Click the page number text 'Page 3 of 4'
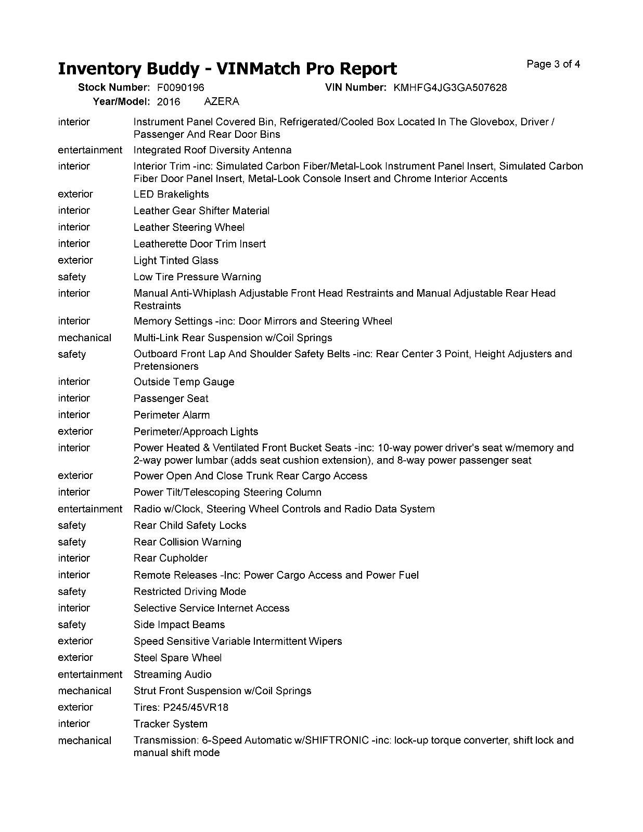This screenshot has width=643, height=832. [553, 64]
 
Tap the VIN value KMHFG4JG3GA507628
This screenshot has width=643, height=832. [450, 88]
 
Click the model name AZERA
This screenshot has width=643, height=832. [222, 102]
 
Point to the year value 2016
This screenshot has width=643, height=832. [169, 102]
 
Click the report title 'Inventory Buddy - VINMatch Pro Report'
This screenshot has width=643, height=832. [227, 69]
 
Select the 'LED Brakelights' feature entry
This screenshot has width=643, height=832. [171, 194]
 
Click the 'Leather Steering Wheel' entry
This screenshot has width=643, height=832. [189, 228]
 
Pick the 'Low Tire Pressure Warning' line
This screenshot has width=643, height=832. [197, 277]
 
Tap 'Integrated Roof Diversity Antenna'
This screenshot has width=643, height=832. [212, 150]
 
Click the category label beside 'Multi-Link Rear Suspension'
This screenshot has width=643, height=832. [84, 338]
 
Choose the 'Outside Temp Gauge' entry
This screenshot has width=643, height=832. [184, 382]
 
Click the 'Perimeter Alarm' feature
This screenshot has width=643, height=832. [172, 415]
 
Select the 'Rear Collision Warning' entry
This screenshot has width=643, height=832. [187, 542]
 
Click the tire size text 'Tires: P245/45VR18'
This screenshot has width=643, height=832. [181, 708]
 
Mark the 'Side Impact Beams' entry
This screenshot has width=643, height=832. [179, 625]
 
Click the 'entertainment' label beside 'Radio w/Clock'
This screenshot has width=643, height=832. [90, 509]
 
